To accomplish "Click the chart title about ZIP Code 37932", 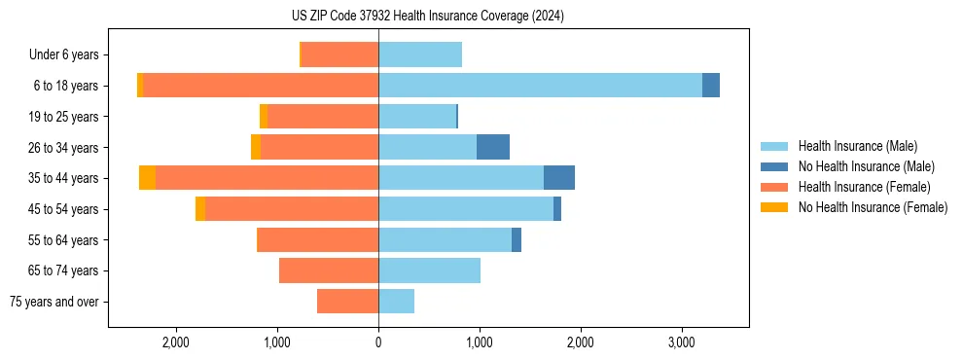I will pyautogui.click(x=428, y=17).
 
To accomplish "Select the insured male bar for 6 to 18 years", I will pyautogui.click(x=540, y=86).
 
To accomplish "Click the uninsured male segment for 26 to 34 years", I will pyautogui.click(x=493, y=147).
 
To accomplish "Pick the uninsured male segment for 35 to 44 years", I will pyautogui.click(x=559, y=178).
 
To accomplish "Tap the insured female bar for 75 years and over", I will pyautogui.click(x=347, y=302).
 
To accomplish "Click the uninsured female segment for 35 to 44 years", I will pyautogui.click(x=147, y=178).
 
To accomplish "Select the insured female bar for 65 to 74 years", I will pyautogui.click(x=329, y=270).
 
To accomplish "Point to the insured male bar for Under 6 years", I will pyautogui.click(x=420, y=54).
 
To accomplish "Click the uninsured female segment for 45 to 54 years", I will pyautogui.click(x=200, y=209).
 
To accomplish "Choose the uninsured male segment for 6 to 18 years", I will pyautogui.click(x=711, y=86).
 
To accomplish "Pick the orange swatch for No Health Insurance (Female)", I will pyautogui.click(x=774, y=207).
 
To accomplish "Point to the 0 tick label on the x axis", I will pyautogui.click(x=378, y=342).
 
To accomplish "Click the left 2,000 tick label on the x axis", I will pyautogui.click(x=176, y=342).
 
